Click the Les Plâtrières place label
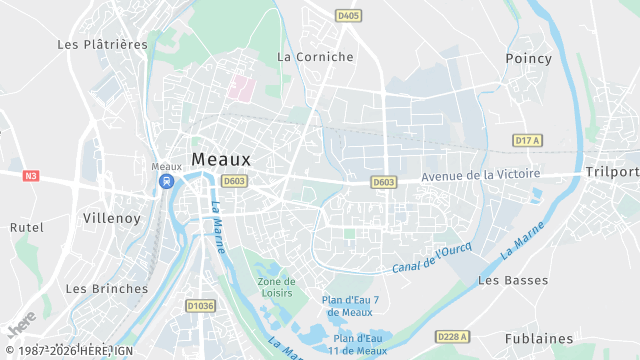(x=102, y=44)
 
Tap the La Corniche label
(x=315, y=57)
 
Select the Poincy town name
(x=529, y=58)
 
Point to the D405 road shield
(x=349, y=16)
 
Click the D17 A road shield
(x=527, y=141)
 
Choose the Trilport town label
(x=611, y=171)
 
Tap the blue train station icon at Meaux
(x=166, y=182)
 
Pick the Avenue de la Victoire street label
(x=480, y=175)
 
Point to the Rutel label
(x=27, y=227)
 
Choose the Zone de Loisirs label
(x=276, y=288)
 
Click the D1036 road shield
(x=201, y=305)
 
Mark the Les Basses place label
(x=513, y=281)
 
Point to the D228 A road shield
(x=454, y=336)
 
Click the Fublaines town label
(x=539, y=339)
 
